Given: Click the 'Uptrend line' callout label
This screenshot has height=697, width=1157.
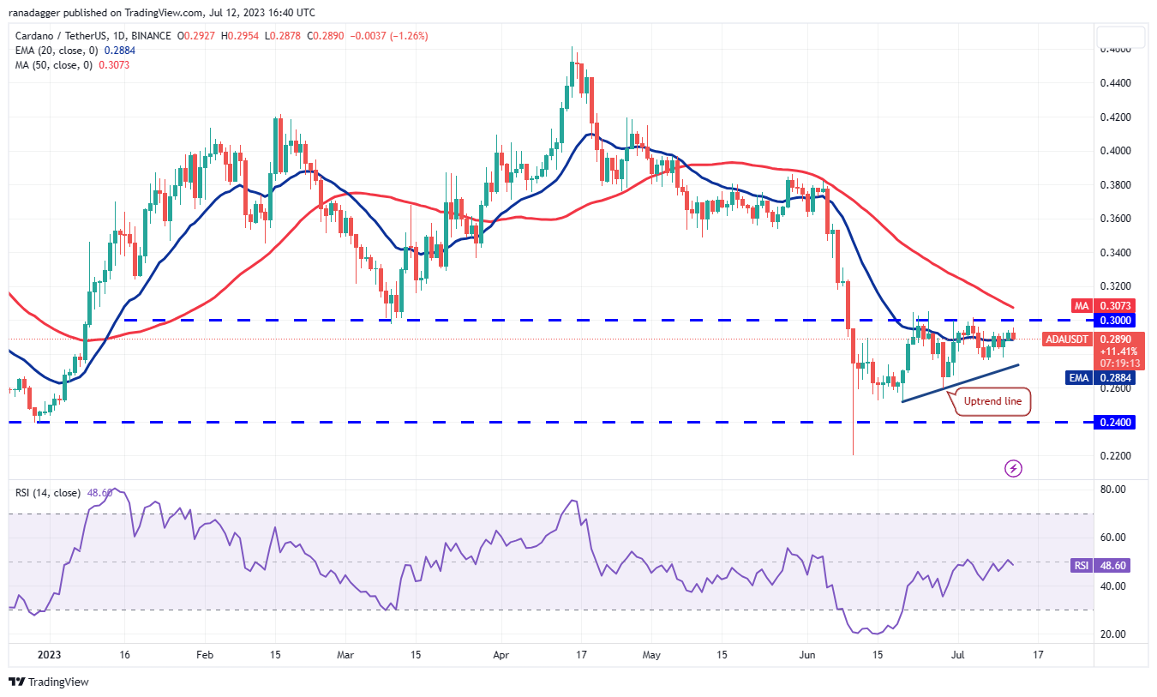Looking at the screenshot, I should point(992,401).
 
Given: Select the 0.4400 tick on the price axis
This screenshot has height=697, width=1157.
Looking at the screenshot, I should point(1120,83).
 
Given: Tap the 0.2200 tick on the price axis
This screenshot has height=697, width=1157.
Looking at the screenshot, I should point(1120,455).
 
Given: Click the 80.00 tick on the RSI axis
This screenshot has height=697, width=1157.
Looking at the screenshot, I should point(1118,490).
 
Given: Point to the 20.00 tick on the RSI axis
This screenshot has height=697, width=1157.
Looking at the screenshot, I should point(1118,634).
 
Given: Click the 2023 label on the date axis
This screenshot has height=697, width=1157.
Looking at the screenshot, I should point(51,653).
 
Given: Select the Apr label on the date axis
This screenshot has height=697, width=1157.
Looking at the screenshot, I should point(501,653).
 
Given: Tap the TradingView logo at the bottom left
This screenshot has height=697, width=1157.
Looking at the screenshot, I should point(50,682).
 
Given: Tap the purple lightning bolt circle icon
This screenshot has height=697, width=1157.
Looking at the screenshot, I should point(1014,468).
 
